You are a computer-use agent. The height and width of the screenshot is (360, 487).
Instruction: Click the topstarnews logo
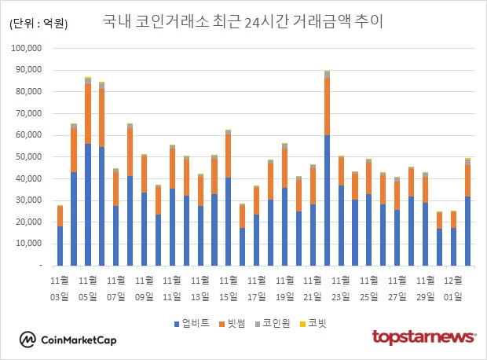[x=423, y=338]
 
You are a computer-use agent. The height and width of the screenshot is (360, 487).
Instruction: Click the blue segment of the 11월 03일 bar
[x=60, y=246]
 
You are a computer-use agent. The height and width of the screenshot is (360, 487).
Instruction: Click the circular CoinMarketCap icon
[x=27, y=340]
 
